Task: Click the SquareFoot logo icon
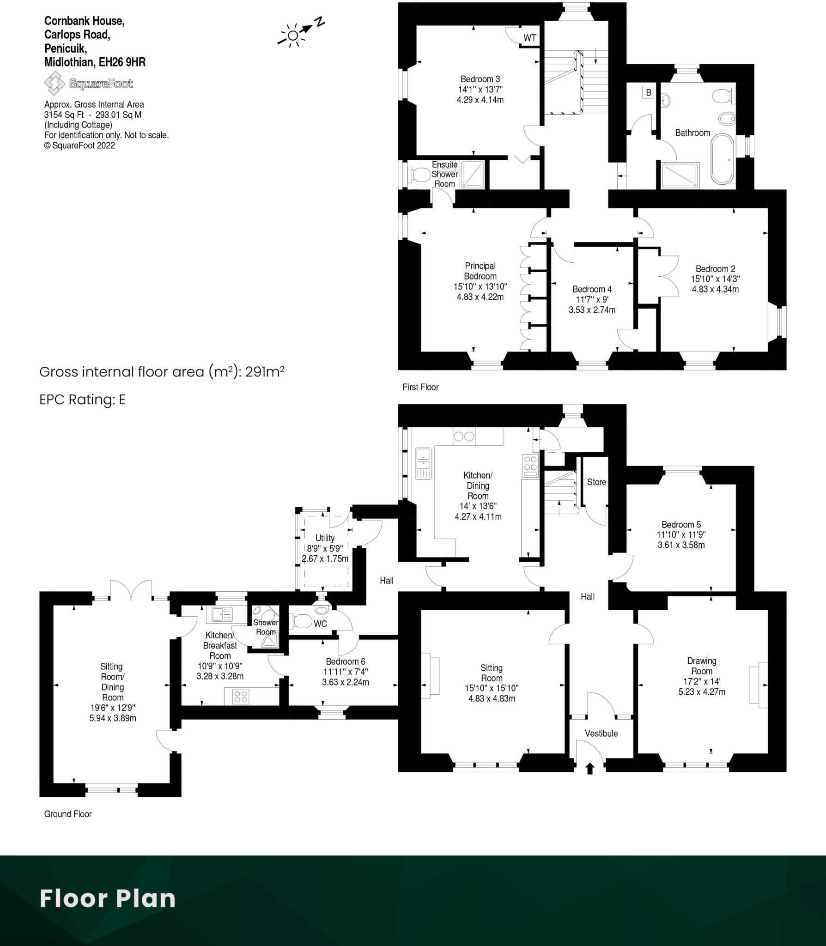tap(55, 84)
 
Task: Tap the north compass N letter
tap(319, 22)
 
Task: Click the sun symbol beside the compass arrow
tap(292, 36)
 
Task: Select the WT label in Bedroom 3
tap(529, 38)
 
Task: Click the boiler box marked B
tap(649, 92)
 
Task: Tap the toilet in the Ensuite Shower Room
tap(418, 175)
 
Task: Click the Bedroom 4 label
tap(592, 289)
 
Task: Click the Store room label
tap(596, 482)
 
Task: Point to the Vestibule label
tap(601, 733)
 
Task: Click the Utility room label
tap(325, 538)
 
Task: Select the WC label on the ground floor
tap(320, 624)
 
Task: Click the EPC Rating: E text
tap(82, 400)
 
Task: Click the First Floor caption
tap(420, 387)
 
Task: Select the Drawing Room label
tap(701, 666)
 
